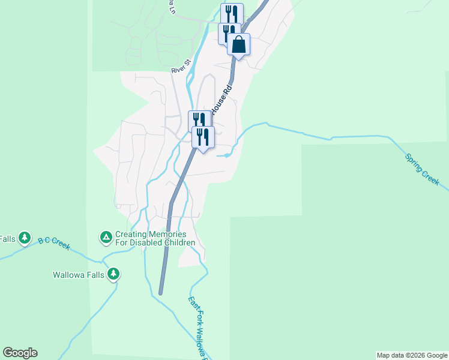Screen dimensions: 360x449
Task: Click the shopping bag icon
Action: click(239, 44)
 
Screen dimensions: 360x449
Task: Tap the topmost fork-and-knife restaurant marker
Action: click(232, 13)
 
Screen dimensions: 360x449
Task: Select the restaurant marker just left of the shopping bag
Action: click(229, 32)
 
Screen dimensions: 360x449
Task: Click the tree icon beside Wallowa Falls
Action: click(113, 275)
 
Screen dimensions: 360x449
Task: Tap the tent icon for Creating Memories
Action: click(106, 238)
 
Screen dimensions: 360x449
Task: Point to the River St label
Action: click(181, 66)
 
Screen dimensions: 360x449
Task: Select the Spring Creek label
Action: click(422, 169)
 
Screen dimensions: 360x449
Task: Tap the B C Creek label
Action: click(55, 242)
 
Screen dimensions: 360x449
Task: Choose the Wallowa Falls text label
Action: click(79, 275)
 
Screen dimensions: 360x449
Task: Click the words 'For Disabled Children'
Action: click(155, 242)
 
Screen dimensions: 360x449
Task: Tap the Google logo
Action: click(20, 353)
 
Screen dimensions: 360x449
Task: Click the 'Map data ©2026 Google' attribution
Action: click(412, 355)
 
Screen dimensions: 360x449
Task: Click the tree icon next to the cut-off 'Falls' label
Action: click(25, 238)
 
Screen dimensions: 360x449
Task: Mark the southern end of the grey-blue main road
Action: click(161, 292)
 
